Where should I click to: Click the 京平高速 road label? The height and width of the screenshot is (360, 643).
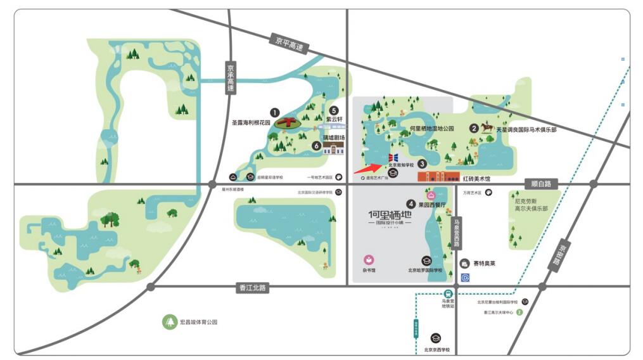pyautogui.click(x=286, y=44)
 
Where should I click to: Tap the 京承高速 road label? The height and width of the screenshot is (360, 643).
pyautogui.click(x=231, y=78)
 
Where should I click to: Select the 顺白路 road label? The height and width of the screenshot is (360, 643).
pyautogui.click(x=542, y=184)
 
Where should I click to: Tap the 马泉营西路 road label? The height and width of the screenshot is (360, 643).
pyautogui.click(x=455, y=234)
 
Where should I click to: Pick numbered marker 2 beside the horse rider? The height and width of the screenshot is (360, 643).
pyautogui.click(x=473, y=128)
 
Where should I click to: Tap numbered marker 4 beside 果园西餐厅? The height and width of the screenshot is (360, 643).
pyautogui.click(x=411, y=204)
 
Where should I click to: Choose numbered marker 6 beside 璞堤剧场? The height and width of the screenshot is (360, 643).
pyautogui.click(x=316, y=145)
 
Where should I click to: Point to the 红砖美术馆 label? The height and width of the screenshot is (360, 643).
pyautogui.click(x=476, y=179)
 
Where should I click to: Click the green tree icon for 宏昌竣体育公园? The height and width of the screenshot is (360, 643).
pyautogui.click(x=170, y=322)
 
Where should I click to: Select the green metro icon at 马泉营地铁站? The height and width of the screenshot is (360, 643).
pyautogui.click(x=449, y=294)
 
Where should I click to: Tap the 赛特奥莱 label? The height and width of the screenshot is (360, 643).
pyautogui.click(x=484, y=263)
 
